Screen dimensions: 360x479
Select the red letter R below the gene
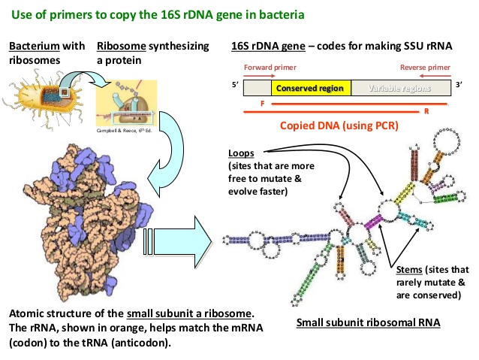pyautogui.click(x=426, y=112)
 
